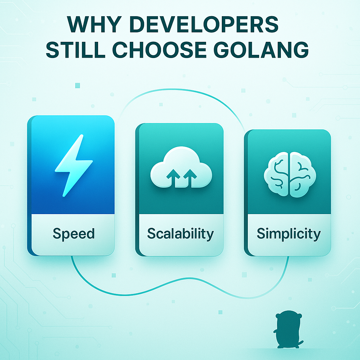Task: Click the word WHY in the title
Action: click(94, 24)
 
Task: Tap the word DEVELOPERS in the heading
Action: click(204, 24)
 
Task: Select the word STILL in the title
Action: click(76, 49)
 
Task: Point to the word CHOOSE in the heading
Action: click(159, 49)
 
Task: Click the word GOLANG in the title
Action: click(261, 49)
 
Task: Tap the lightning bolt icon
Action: click(74, 166)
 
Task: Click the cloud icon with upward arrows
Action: click(181, 167)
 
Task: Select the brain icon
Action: click(290, 174)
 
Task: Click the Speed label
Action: click(73, 234)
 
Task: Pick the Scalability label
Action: click(180, 234)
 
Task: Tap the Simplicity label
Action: click(289, 234)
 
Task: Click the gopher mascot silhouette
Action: click(288, 329)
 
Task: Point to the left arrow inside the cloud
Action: click(173, 178)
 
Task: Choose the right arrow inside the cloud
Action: click(190, 178)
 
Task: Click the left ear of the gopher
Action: click(278, 316)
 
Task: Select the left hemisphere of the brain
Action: click(276, 174)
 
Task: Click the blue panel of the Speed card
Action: click(73, 165)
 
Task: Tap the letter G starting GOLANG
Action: click(221, 49)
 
